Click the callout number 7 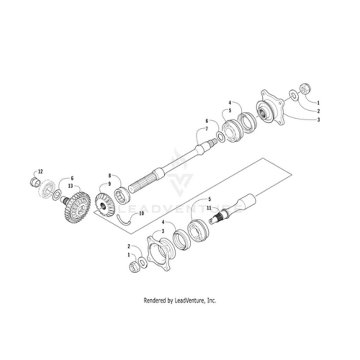coord(207,129)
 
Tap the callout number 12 coord(40,171)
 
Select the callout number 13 coord(71,186)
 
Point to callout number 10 coord(141,213)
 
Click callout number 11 coord(209,208)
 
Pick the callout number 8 coord(110,176)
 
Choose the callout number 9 coord(109,184)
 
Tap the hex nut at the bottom coord(134,267)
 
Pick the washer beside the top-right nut coord(293,95)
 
